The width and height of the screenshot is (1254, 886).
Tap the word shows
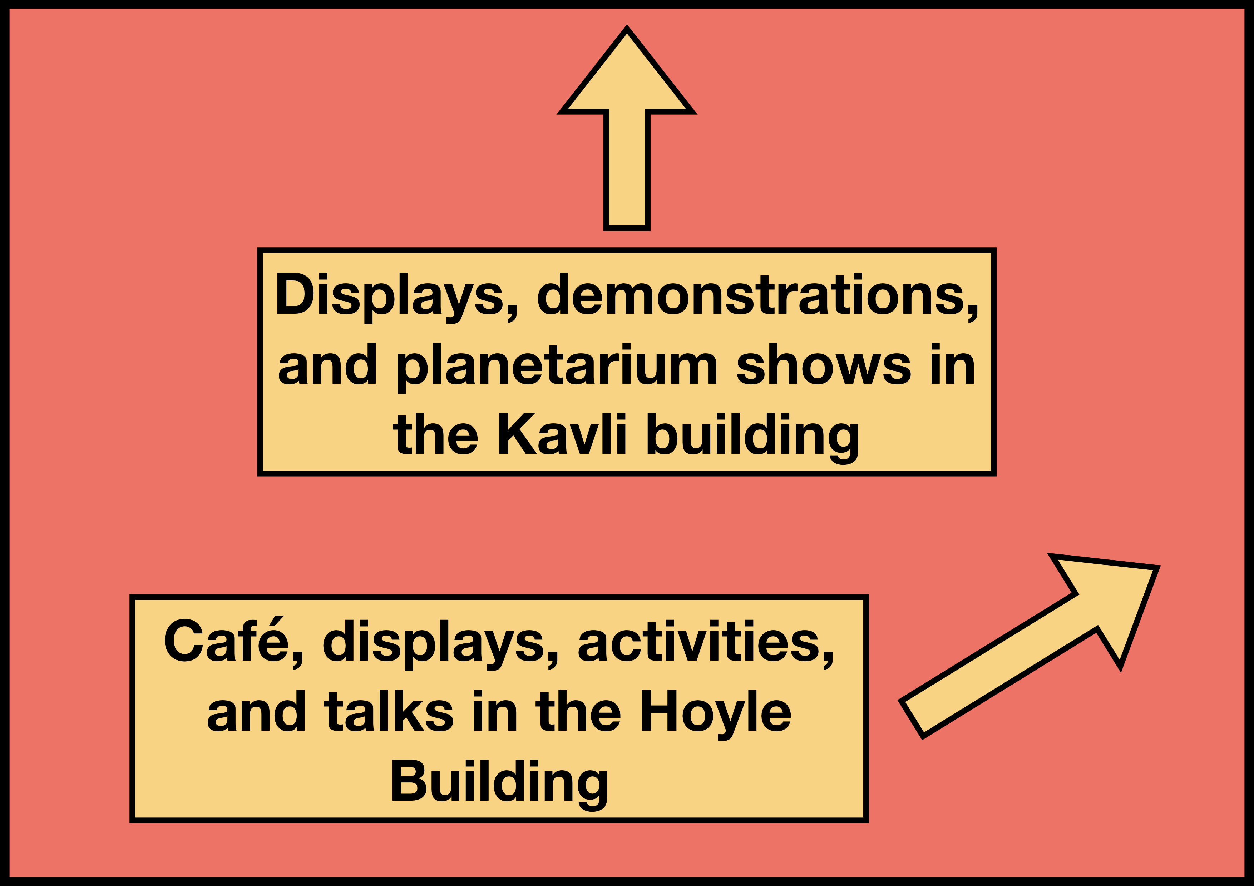pyautogui.click(x=824, y=365)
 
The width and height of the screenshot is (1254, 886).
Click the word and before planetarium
pyautogui.click(x=327, y=365)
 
